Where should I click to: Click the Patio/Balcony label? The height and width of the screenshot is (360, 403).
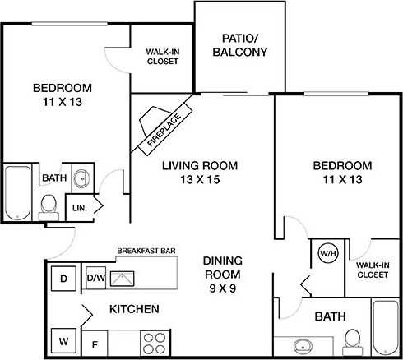(x=234, y=45)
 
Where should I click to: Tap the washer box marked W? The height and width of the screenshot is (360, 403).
(x=63, y=339)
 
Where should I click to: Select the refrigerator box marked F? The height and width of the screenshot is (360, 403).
(x=95, y=343)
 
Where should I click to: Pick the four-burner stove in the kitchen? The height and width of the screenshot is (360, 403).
(x=152, y=339)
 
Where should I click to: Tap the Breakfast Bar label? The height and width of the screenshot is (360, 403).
(x=144, y=250)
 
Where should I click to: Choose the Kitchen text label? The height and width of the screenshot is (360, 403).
(x=134, y=309)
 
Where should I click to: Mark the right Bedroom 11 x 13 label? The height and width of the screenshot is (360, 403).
(x=337, y=171)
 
